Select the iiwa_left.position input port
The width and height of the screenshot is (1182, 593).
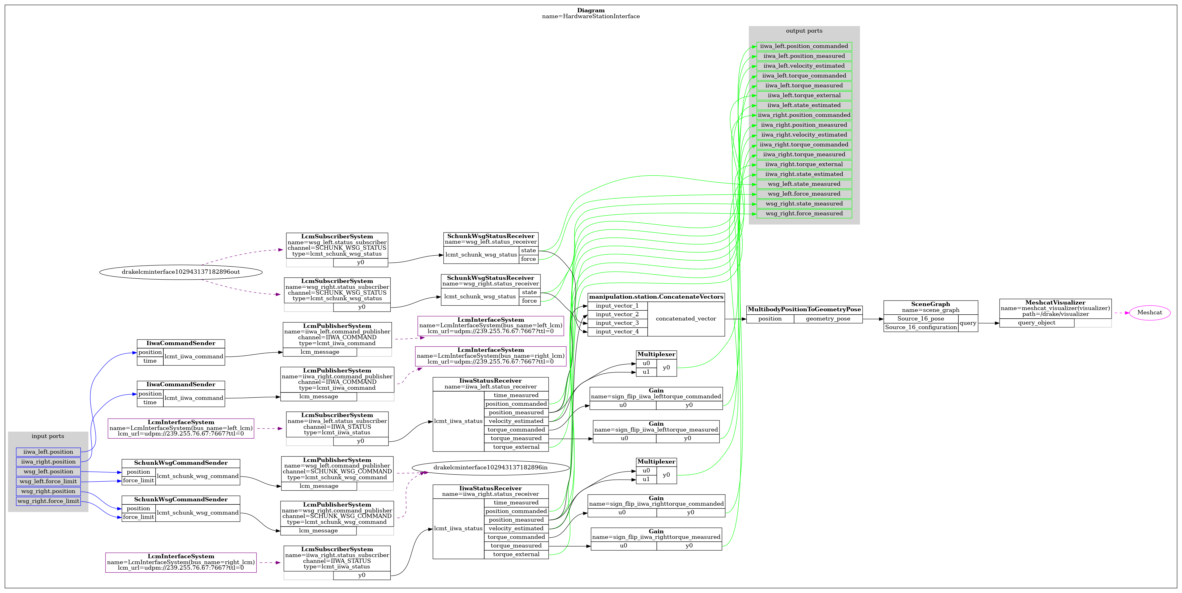[48, 452]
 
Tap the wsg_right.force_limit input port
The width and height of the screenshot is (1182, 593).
[48, 501]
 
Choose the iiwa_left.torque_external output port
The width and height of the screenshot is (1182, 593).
[804, 95]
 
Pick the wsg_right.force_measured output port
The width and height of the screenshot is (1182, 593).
[804, 213]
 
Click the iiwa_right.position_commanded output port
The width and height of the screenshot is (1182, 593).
[804, 115]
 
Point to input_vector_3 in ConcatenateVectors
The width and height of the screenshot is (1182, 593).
[617, 323]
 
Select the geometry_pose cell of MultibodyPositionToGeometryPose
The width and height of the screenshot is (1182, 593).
[828, 319]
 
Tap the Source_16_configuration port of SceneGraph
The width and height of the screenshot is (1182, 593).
[920, 327]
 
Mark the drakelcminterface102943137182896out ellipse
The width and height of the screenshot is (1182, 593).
[181, 272]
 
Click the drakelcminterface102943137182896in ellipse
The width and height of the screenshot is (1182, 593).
[490, 467]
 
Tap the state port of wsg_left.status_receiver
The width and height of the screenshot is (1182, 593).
[528, 250]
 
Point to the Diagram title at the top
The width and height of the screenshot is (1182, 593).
[591, 10]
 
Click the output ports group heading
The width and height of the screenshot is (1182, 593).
[804, 31]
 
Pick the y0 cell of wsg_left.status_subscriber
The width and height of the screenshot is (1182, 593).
[360, 263]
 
